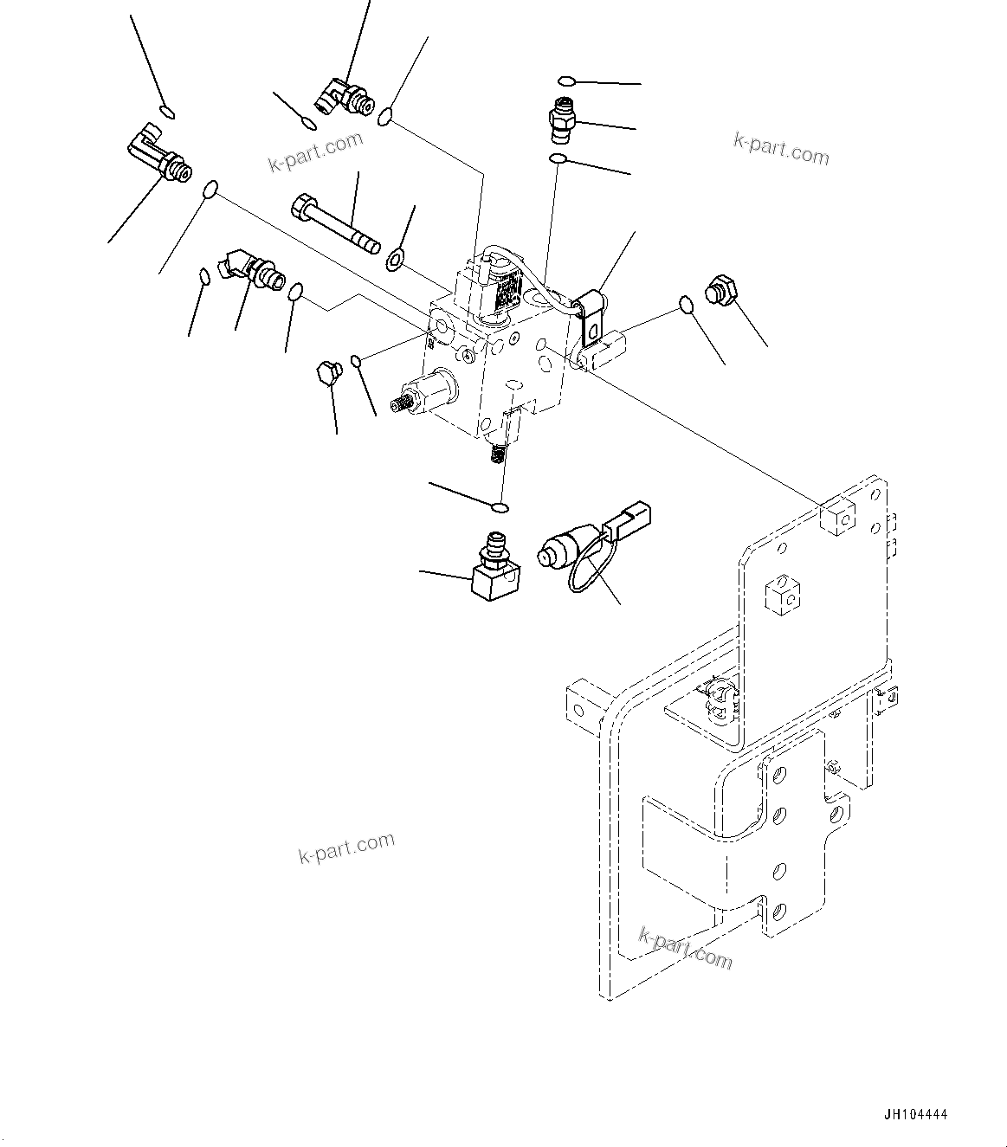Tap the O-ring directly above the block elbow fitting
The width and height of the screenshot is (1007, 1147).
[x=499, y=507]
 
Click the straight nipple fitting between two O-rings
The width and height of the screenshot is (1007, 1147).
[x=564, y=119]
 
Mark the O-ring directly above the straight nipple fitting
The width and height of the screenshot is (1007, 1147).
[x=565, y=81]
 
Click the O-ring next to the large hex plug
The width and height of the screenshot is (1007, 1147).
[x=685, y=305]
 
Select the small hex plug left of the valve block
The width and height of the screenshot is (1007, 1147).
[x=327, y=372]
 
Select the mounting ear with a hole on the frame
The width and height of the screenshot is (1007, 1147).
[x=580, y=699]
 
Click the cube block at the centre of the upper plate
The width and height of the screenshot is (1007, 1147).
[x=783, y=596]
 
